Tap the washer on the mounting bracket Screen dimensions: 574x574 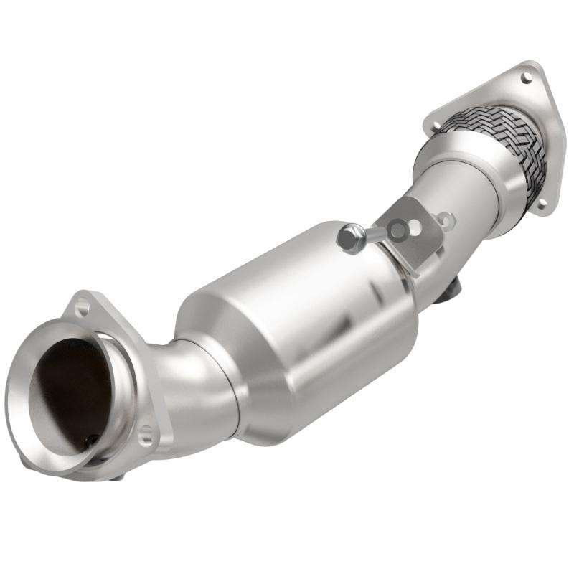(395, 230)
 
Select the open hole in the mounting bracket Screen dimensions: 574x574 (415, 226)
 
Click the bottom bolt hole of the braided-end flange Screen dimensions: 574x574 (540, 204)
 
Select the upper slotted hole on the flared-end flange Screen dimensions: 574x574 (81, 309)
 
